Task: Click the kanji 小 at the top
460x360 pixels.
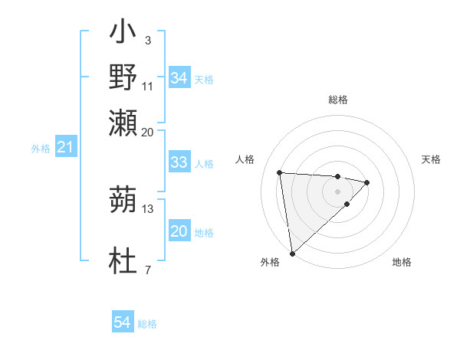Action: point(123,33)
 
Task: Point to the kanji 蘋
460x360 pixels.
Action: point(123,201)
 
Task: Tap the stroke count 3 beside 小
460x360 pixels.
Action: point(147,40)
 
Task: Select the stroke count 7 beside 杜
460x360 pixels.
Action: point(147,270)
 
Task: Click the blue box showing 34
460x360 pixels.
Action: point(179,78)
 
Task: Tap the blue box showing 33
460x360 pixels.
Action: point(179,162)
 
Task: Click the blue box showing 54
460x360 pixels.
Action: point(122,322)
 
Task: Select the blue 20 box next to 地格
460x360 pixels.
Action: point(179,231)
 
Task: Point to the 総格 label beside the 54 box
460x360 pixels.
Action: point(147,324)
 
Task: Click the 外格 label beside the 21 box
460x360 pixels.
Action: point(41,149)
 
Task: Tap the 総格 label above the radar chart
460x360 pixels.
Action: point(338,100)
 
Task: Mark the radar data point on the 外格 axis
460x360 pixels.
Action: point(292,253)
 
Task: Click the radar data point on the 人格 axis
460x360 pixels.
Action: point(280,172)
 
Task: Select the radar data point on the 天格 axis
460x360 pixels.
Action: point(367,182)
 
